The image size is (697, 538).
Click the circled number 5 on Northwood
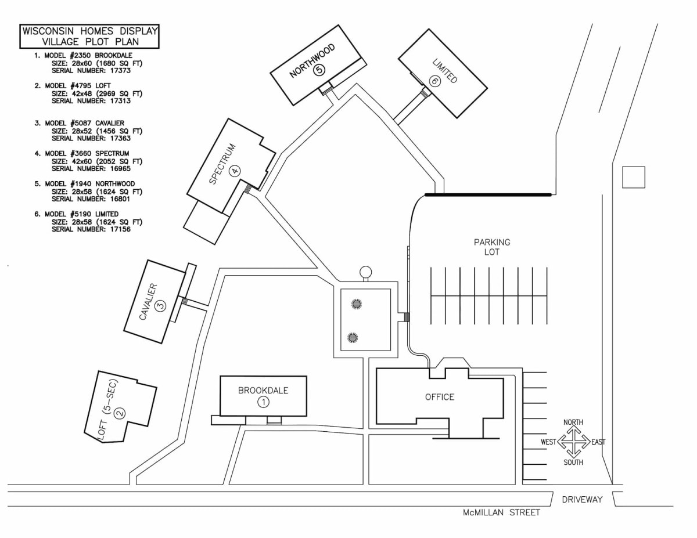pyautogui.click(x=318, y=70)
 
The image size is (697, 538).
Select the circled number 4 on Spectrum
pyautogui.click(x=234, y=171)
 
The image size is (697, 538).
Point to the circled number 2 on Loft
pyautogui.click(x=120, y=413)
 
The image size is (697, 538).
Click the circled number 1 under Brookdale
pyautogui.click(x=263, y=402)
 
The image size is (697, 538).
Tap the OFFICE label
pyautogui.click(x=440, y=397)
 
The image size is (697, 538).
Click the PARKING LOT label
pyautogui.click(x=492, y=247)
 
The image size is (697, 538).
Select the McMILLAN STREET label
pyautogui.click(x=501, y=512)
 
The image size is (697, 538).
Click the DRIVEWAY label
pyautogui.click(x=582, y=499)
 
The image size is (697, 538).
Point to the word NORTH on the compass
pyautogui.click(x=573, y=422)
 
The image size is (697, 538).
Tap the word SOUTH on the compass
pyautogui.click(x=573, y=463)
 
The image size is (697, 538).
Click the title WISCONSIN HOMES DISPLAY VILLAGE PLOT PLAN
pyautogui.click(x=89, y=37)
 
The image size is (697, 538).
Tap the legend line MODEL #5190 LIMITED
pyautogui.click(x=81, y=214)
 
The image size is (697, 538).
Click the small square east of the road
pyautogui.click(x=634, y=177)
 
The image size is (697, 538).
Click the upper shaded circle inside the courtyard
pyautogui.click(x=355, y=304)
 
